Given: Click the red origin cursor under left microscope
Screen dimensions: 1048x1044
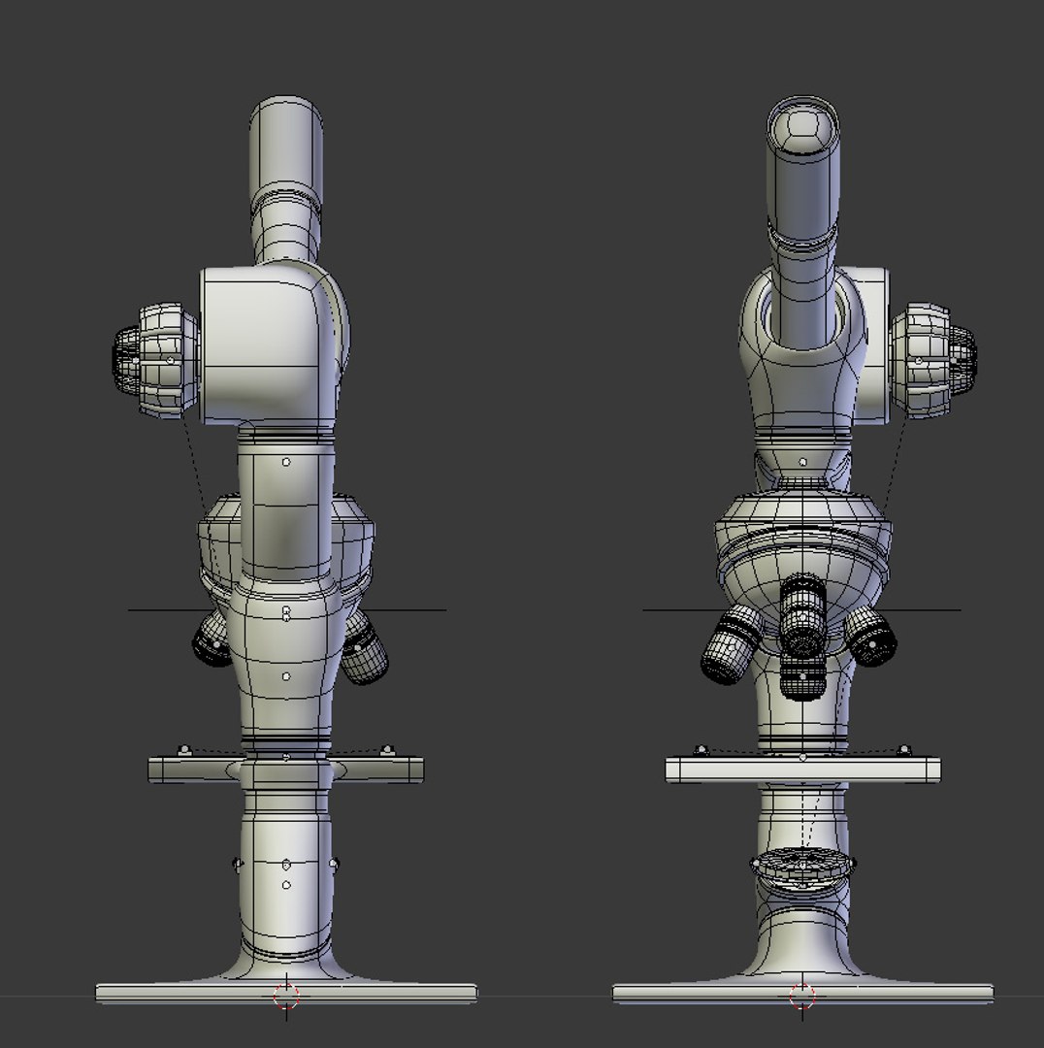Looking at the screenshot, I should point(285,996).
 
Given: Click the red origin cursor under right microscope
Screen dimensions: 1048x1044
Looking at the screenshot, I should point(801,996).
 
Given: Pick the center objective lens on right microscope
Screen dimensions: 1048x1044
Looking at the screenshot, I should point(802,617).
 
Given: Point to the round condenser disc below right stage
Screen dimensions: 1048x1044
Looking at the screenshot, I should point(802,867).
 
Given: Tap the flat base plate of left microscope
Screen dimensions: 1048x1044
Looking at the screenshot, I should point(285,993).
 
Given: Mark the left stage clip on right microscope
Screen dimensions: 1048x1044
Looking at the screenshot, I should point(701,749).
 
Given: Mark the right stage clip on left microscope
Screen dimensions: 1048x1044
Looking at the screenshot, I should point(387,749).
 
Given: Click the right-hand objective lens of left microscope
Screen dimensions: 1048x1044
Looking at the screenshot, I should point(365,652).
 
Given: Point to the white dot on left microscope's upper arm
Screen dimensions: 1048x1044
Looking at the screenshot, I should point(286,462).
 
